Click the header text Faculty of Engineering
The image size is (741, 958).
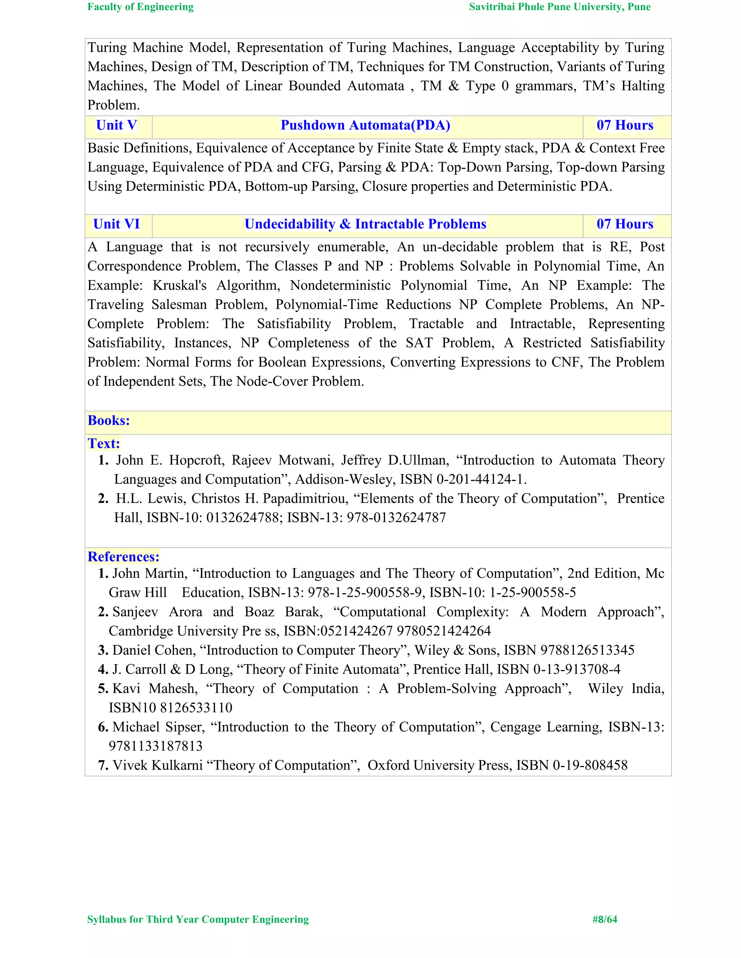(x=140, y=7)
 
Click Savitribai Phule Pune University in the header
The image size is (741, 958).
(x=559, y=7)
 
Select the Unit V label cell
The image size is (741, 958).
(x=117, y=125)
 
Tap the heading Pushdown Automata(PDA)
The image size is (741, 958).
(x=365, y=125)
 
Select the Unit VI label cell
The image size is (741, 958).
(x=117, y=224)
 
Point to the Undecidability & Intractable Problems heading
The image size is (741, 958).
(x=365, y=224)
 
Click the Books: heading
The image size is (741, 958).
(x=109, y=421)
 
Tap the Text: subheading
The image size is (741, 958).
(x=103, y=444)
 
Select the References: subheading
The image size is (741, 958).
(x=123, y=557)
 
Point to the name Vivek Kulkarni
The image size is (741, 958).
(x=158, y=765)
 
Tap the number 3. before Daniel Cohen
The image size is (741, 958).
(x=103, y=650)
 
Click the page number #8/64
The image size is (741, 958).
(x=605, y=919)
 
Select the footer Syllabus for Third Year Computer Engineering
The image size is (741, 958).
(x=198, y=919)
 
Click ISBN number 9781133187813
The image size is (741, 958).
(x=155, y=746)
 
